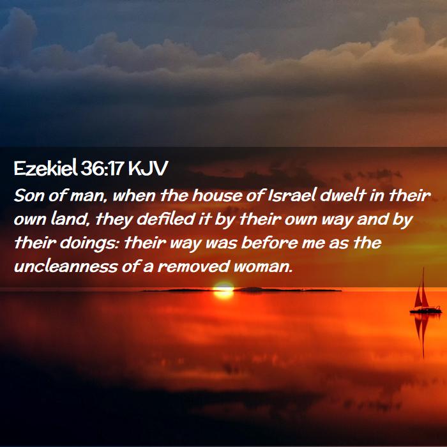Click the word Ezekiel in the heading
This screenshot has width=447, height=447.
(45, 168)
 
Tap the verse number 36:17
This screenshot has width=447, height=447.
(102, 169)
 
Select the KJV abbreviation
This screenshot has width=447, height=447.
(148, 169)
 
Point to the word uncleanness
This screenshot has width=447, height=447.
(66, 267)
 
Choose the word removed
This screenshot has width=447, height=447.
(193, 267)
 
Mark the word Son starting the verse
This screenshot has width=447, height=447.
(29, 196)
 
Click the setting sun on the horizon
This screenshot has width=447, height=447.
(223, 290)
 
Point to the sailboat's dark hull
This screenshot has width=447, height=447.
(426, 311)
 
